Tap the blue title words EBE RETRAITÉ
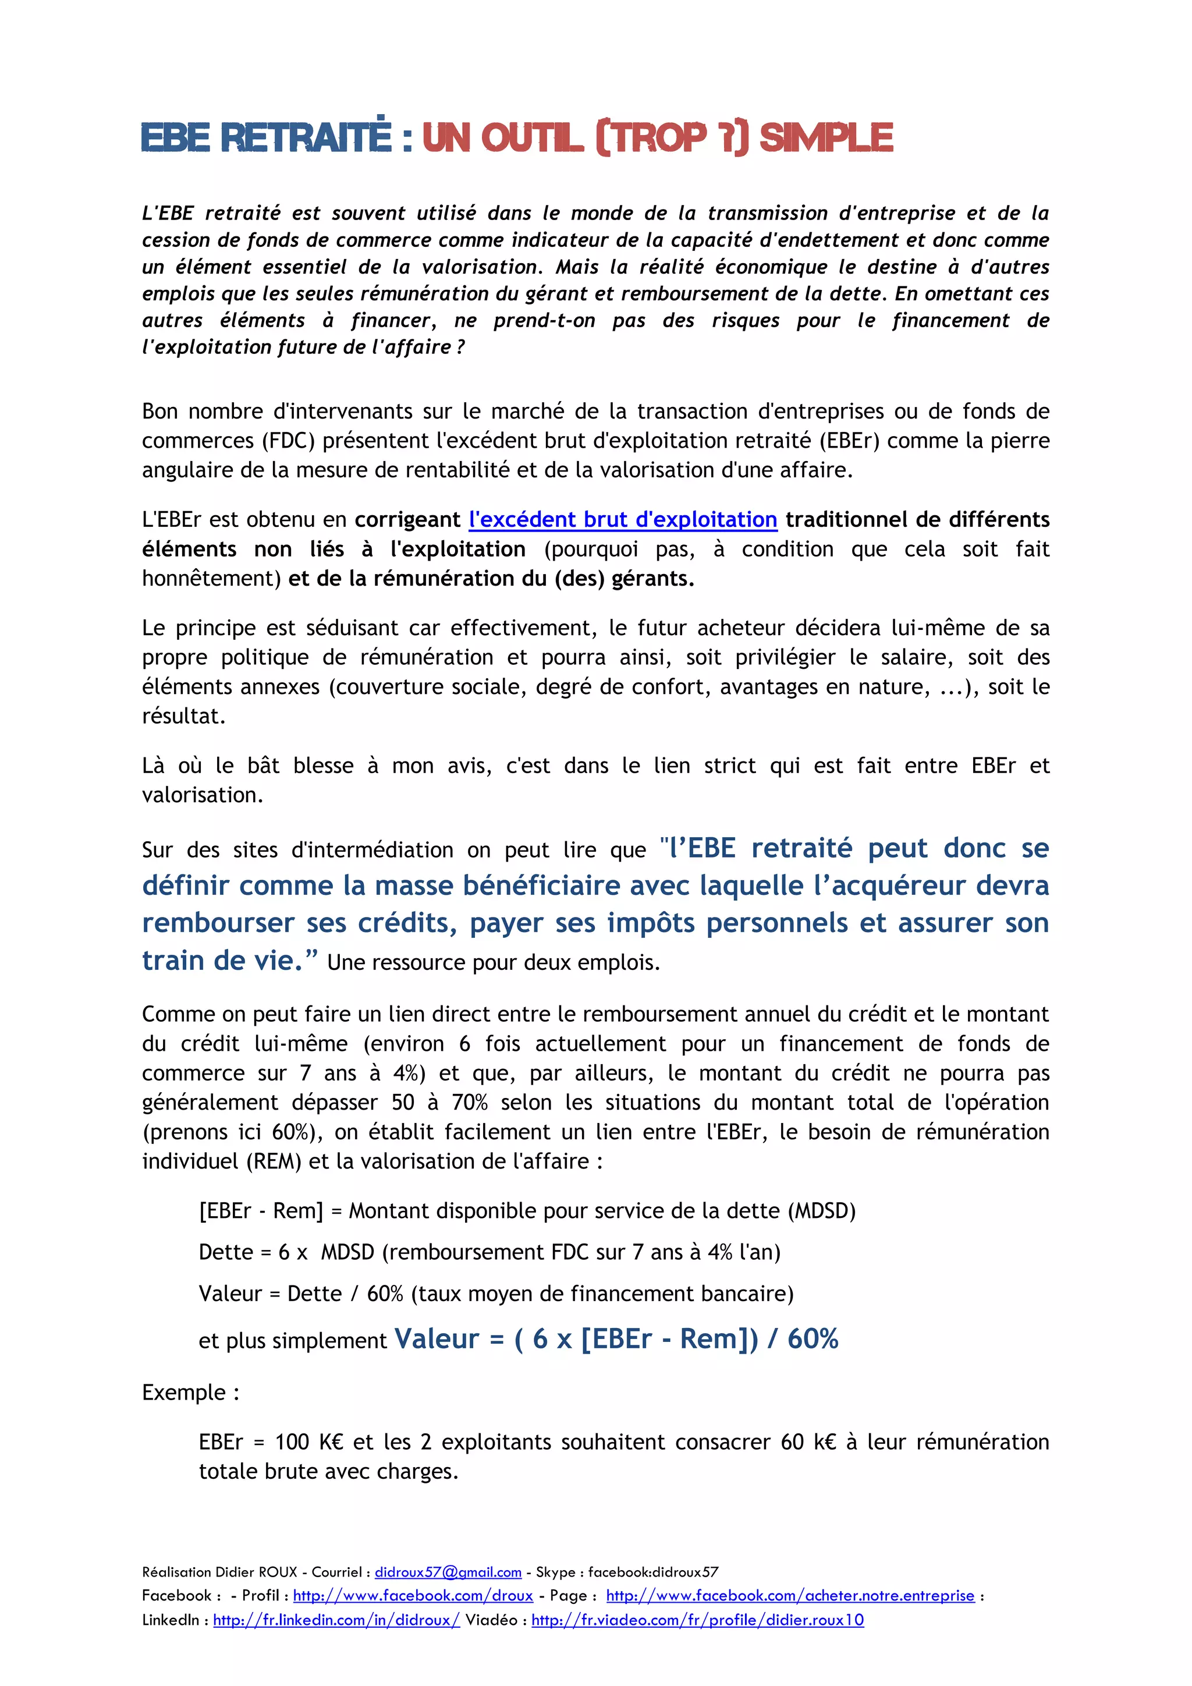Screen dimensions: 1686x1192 pos(267,138)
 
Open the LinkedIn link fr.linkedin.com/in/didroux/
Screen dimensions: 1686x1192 pos(336,1620)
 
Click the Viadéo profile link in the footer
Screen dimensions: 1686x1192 pos(697,1620)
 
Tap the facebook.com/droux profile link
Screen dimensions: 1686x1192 pos(413,1596)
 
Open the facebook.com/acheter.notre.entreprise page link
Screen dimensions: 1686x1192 pos(790,1596)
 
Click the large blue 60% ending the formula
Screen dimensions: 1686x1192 pos(813,1338)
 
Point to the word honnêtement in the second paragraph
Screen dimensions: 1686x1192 pos(211,579)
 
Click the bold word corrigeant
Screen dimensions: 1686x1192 pos(407,519)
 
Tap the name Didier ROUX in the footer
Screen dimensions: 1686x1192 pos(256,1572)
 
